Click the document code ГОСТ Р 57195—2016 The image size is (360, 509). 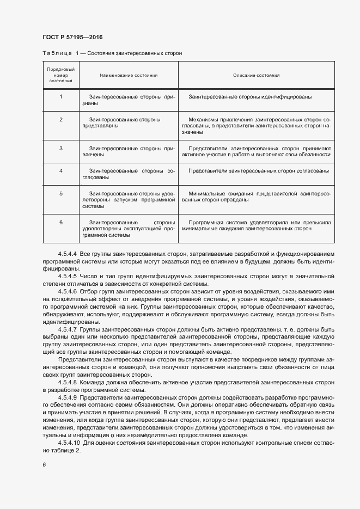pos(72,37)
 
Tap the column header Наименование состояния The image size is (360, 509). pos(129,75)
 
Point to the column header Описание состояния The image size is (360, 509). pos(257,75)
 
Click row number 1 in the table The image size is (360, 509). pos(61,96)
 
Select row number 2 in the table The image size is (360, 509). pos(61,119)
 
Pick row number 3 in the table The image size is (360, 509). pos(61,148)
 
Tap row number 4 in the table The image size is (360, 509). pos(61,170)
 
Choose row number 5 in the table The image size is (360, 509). pos(61,193)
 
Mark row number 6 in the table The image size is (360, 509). pos(61,223)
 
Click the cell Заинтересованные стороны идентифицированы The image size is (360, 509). pos(250,96)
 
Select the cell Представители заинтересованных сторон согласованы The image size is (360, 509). pos(258,170)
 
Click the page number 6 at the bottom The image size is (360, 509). pos(44,464)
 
